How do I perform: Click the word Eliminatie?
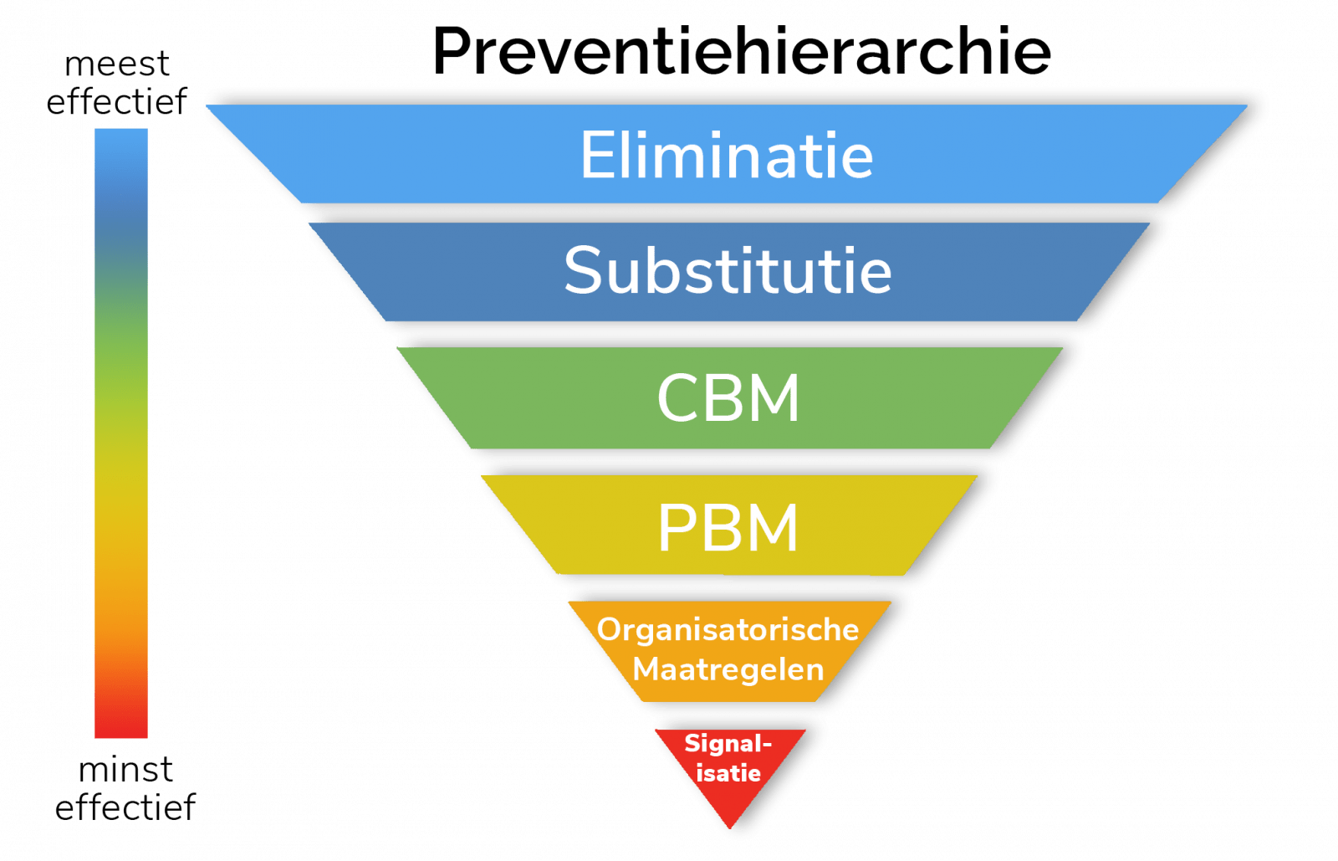727,156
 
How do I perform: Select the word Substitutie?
728,270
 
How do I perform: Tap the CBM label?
728,397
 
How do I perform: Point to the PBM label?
728,528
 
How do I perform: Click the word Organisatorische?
728,629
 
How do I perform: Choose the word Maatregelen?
728,669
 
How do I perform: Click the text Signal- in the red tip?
728,743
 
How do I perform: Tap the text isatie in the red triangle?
728,772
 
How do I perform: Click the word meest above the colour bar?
117,64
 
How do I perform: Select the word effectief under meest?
117,101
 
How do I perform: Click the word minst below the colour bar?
125,769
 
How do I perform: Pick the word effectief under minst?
125,807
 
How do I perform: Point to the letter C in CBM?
677,398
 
